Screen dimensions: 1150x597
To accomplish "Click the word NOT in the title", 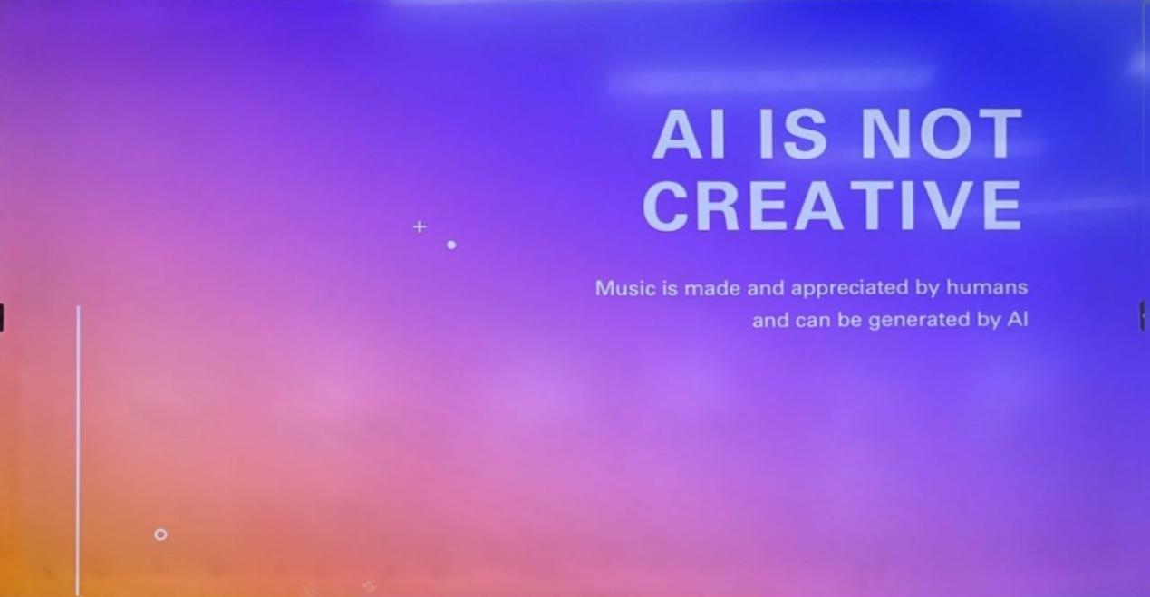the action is [x=942, y=134].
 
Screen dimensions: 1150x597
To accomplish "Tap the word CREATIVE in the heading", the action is [x=832, y=206].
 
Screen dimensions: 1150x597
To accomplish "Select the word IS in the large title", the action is [x=793, y=134].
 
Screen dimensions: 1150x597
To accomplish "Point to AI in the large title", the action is [x=690, y=134].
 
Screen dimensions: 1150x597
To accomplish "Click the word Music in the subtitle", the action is [x=625, y=288].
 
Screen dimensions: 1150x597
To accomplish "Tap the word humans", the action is [x=987, y=287].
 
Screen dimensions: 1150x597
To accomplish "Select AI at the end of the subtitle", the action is [x=1018, y=319].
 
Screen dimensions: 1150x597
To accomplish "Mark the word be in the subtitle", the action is [x=850, y=320].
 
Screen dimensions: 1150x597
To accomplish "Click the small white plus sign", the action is [x=420, y=226].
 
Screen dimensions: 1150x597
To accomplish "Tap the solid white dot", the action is [x=451, y=245].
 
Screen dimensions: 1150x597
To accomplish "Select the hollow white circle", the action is [x=160, y=534].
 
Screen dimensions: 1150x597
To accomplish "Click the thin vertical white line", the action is [x=78, y=450].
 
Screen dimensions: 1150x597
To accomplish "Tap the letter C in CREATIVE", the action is [x=666, y=206].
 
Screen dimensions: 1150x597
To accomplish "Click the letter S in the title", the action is [x=806, y=134].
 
